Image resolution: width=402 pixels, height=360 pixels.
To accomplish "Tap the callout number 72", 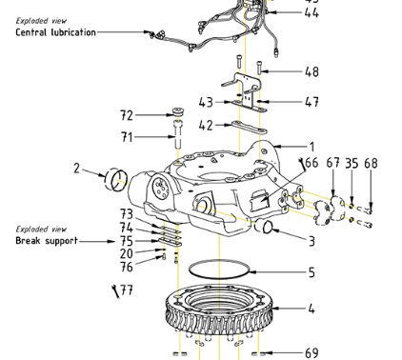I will [x=127, y=115].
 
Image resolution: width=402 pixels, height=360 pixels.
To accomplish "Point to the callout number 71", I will [x=127, y=138].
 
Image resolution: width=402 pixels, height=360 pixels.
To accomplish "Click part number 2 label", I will [x=76, y=169].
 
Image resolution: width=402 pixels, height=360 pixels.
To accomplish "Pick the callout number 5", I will [x=311, y=271].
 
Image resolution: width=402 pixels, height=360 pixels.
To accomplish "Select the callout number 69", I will [x=312, y=353].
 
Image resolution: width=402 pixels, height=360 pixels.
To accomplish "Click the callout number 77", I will [x=127, y=290].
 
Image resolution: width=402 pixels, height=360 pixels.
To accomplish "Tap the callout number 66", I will [x=312, y=164].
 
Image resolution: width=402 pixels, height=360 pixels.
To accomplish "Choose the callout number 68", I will [x=371, y=164].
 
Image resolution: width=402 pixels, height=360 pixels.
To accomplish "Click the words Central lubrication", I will [x=55, y=32].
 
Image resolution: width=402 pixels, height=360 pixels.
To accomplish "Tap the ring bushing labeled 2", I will [x=117, y=178].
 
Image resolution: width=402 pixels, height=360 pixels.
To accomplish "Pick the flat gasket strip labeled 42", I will [x=246, y=126].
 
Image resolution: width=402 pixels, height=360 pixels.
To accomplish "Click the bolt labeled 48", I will [x=260, y=67].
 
